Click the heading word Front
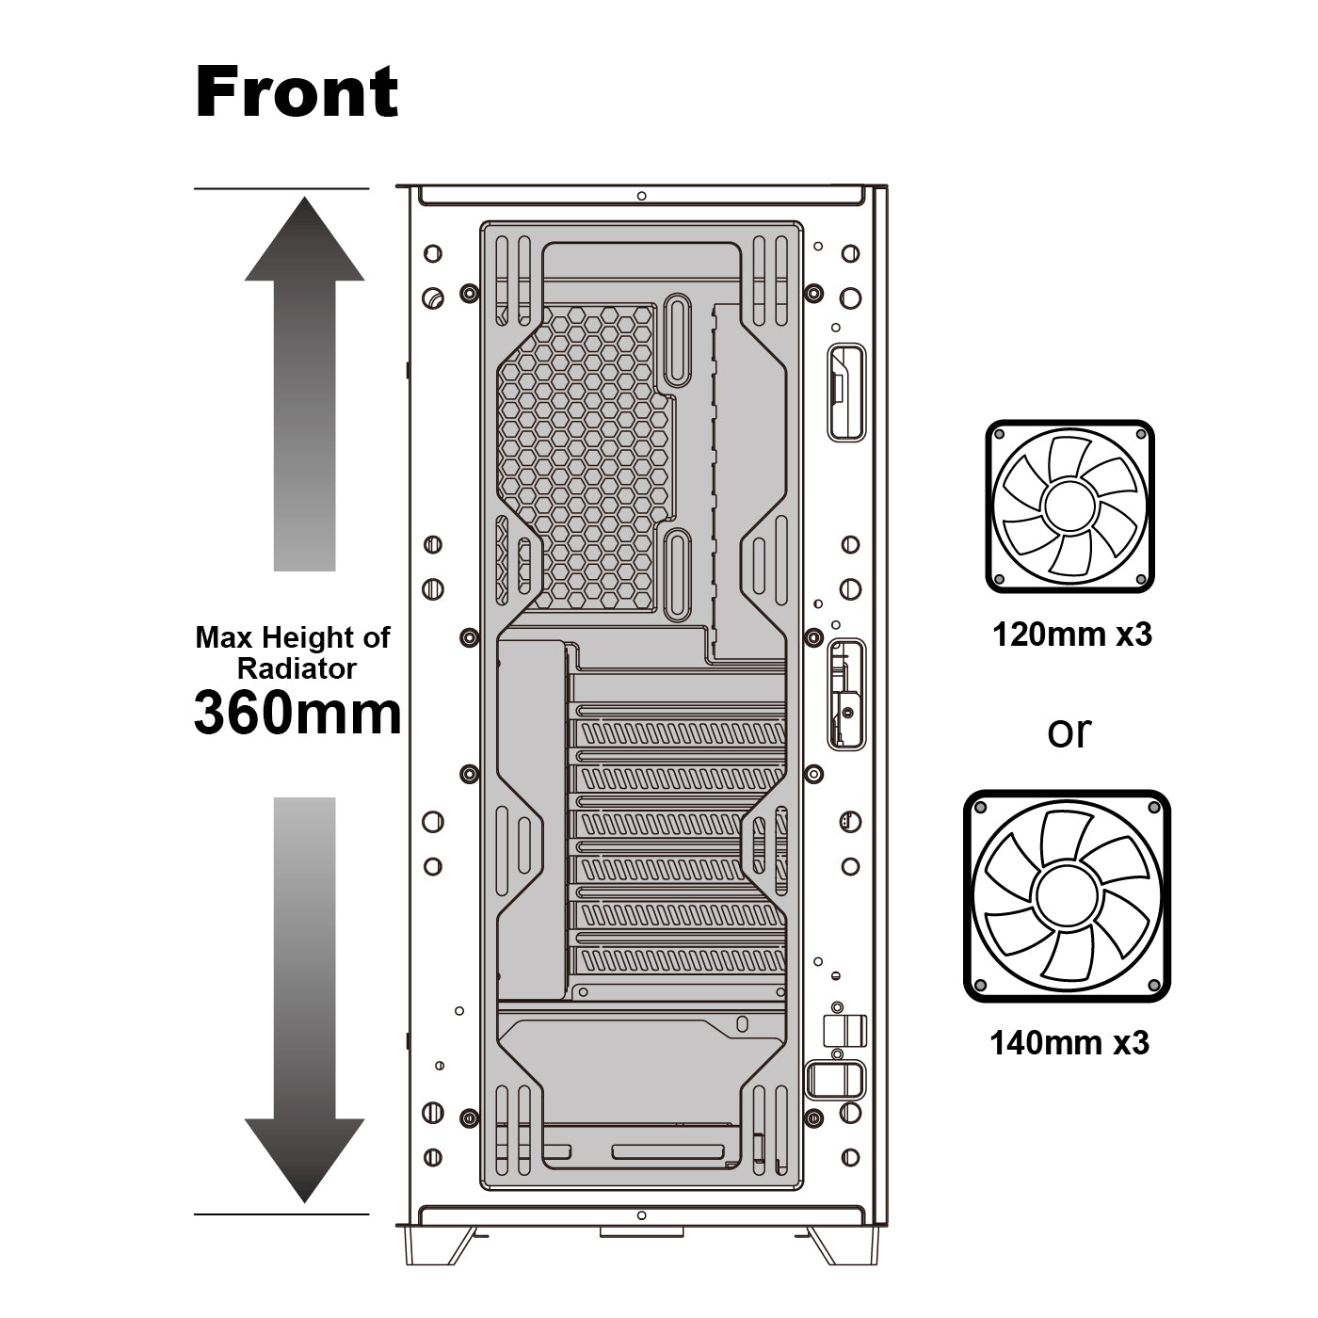[297, 92]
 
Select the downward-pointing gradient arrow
[304, 998]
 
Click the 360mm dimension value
[297, 713]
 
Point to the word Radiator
[297, 669]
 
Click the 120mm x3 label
[1071, 635]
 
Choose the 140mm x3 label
[1069, 1043]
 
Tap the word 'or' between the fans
[1069, 731]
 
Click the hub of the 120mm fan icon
[1069, 506]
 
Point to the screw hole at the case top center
[641, 196]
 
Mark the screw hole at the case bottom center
[641, 1216]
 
